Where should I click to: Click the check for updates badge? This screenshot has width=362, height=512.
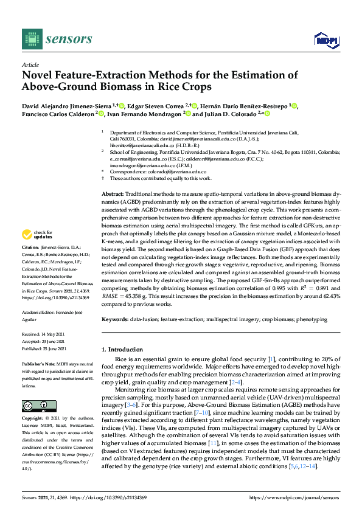(37, 234)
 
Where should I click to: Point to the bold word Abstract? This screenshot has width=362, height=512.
(112, 193)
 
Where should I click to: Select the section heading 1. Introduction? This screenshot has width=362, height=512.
(125, 350)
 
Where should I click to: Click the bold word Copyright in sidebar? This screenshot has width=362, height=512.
(33, 420)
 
